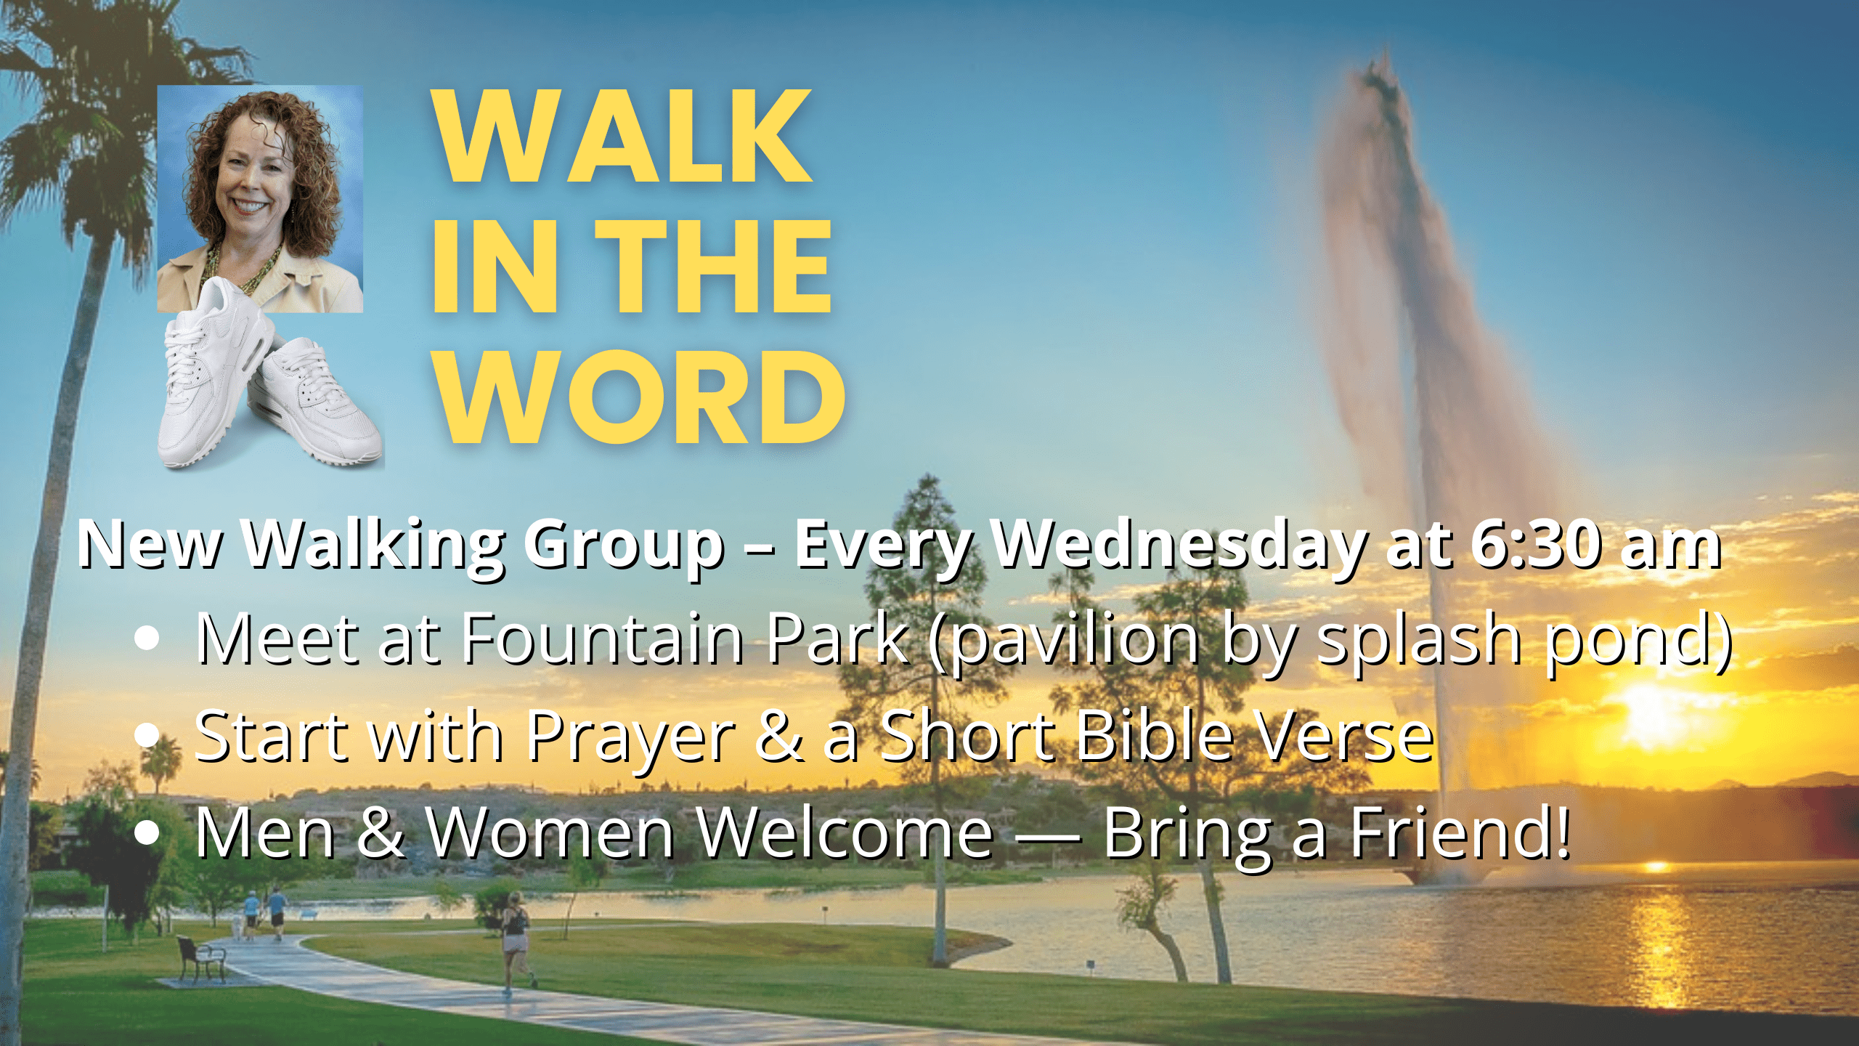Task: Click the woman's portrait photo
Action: tap(260, 199)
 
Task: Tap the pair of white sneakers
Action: tap(269, 374)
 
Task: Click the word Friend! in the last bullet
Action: tap(1460, 832)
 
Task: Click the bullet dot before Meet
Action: tap(147, 638)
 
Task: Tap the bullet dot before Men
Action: tap(147, 833)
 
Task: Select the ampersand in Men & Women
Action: tap(381, 832)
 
